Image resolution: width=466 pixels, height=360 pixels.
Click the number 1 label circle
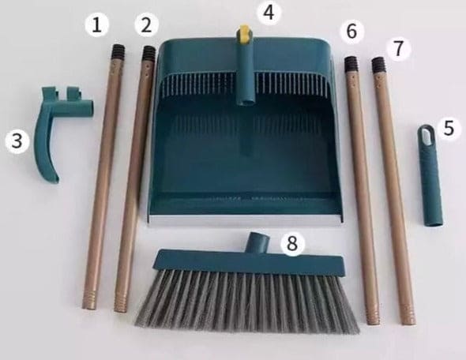[x=96, y=25]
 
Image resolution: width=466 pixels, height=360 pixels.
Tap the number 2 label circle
[x=145, y=24]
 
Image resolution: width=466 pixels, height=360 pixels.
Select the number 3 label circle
[x=17, y=141]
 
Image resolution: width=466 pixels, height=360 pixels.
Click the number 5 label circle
[x=449, y=128]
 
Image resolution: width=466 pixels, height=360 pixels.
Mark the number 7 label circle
[x=400, y=47]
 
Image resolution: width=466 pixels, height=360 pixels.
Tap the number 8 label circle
[x=292, y=244]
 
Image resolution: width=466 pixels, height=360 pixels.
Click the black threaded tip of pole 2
[x=148, y=54]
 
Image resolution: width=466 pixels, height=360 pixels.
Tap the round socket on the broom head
[x=257, y=241]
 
